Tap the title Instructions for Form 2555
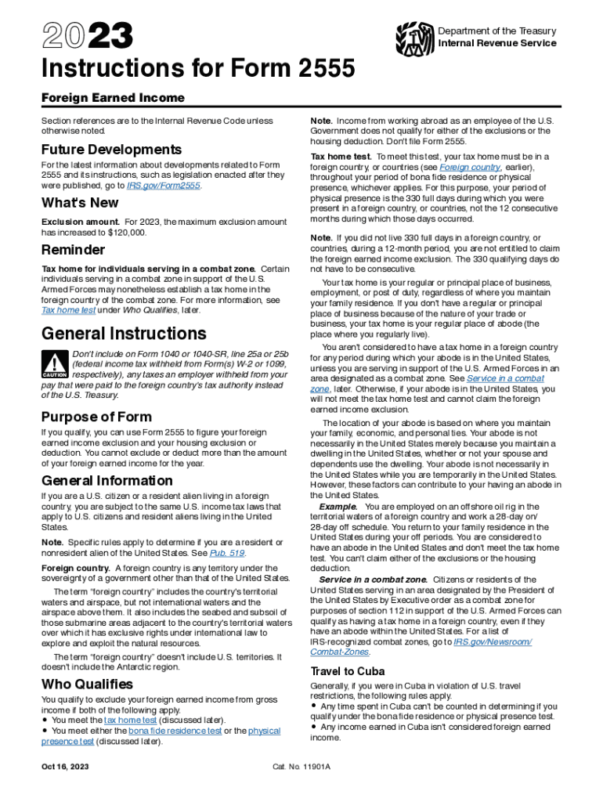(x=198, y=70)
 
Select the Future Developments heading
(x=111, y=149)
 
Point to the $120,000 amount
(x=128, y=233)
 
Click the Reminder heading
(x=73, y=251)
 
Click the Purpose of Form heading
(x=96, y=417)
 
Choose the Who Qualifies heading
(x=87, y=684)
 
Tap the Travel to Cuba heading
(x=348, y=671)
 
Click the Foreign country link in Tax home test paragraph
(x=470, y=168)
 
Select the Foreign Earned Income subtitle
(x=113, y=98)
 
